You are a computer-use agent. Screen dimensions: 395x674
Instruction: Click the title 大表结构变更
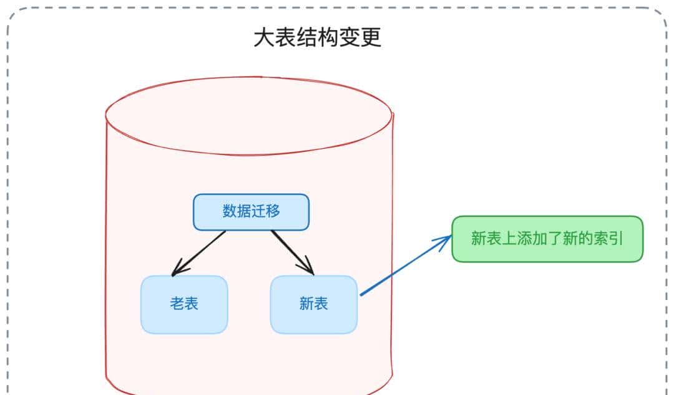tap(317, 38)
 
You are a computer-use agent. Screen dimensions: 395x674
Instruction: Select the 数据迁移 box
tap(251, 212)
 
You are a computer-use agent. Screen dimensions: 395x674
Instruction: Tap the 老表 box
tap(184, 304)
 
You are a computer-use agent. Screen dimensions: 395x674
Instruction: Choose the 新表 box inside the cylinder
tap(314, 304)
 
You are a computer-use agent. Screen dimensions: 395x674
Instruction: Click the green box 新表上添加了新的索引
tap(547, 239)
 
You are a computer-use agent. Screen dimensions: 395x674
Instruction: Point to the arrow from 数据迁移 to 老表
tap(198, 253)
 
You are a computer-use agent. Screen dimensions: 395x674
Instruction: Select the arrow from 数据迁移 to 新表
tap(292, 252)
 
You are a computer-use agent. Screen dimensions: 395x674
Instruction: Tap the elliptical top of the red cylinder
tap(248, 116)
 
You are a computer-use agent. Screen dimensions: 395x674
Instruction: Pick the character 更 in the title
tap(371, 38)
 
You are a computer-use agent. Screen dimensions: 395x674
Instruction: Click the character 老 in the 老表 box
tap(177, 304)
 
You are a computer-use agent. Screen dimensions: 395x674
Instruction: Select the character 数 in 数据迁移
tap(230, 211)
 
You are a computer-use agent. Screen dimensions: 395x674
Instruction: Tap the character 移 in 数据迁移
tap(273, 211)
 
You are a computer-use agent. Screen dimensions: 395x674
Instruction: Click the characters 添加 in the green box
tap(525, 239)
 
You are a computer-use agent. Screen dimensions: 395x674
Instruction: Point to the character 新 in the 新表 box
tap(306, 304)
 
